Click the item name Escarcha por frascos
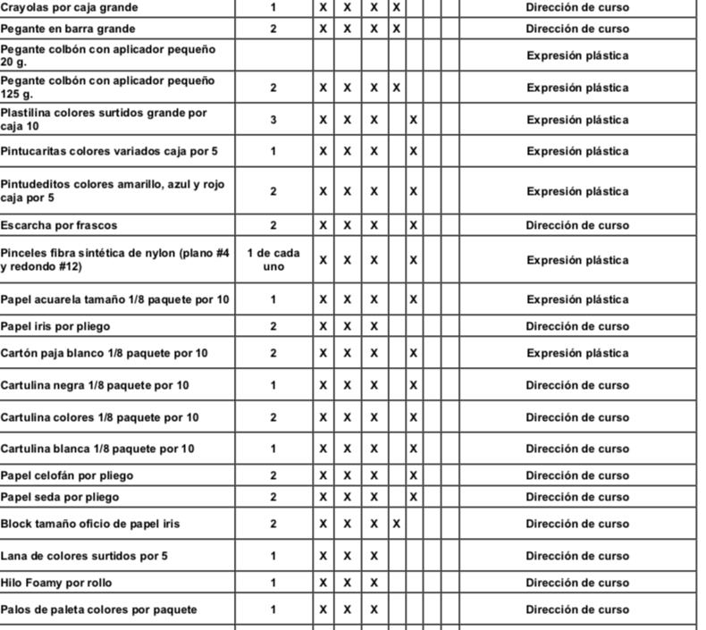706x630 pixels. click(x=59, y=225)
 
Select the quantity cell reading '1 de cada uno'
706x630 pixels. click(x=273, y=260)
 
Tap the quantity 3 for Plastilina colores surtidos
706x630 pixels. click(x=273, y=120)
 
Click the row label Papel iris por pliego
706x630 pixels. click(x=55, y=326)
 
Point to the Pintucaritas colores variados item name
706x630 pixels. click(x=109, y=151)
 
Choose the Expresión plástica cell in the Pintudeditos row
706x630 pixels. click(x=577, y=191)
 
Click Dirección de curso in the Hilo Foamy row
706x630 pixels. click(x=577, y=583)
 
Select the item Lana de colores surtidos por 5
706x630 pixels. click(x=84, y=556)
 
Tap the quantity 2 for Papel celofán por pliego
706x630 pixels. click(x=273, y=475)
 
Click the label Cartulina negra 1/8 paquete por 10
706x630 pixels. click(x=95, y=385)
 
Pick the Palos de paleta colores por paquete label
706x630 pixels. click(x=98, y=609)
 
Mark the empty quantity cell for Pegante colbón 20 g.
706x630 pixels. click(x=273, y=55)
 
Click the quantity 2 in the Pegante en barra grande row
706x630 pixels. click(x=273, y=29)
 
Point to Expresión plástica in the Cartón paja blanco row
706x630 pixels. click(x=577, y=353)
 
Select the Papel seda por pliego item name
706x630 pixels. click(x=59, y=497)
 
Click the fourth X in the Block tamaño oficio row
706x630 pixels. click(x=396, y=524)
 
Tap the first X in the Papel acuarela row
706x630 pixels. click(x=324, y=299)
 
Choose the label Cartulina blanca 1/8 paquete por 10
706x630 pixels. click(x=97, y=449)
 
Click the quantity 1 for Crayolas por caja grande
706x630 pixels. click(x=273, y=7)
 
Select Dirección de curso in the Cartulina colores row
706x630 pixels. click(x=577, y=417)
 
